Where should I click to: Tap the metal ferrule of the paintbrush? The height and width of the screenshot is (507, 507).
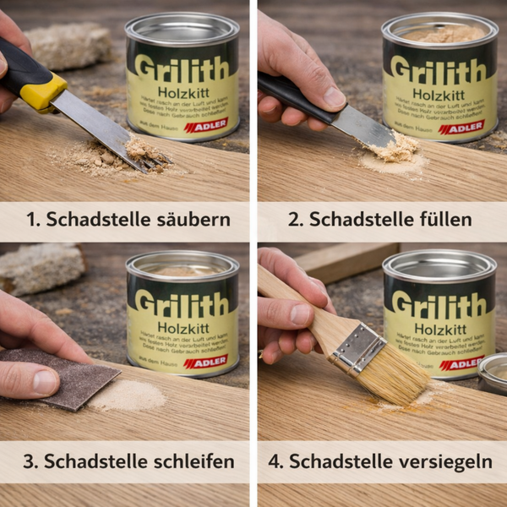coord(358,347)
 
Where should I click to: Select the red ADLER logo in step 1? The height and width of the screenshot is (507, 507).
coord(205,126)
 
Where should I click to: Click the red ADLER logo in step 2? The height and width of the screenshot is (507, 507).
coord(461,128)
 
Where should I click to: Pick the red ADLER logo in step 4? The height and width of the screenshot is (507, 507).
coord(461,363)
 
